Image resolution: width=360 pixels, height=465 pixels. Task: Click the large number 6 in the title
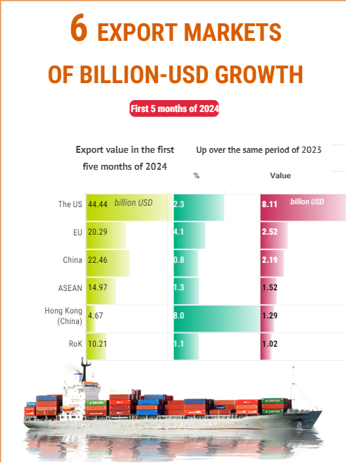point(79,30)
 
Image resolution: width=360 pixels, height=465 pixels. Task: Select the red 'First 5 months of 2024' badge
point(175,108)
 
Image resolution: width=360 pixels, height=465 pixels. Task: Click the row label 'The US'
point(70,204)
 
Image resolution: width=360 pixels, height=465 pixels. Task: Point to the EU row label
point(77,232)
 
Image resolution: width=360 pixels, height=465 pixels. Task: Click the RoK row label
point(76,344)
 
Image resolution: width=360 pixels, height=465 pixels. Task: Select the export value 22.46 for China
point(97,260)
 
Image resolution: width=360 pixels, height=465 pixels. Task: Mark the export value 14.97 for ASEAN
point(97,287)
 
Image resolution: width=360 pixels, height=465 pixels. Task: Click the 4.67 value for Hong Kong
point(95,316)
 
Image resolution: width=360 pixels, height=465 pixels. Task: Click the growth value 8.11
point(269,204)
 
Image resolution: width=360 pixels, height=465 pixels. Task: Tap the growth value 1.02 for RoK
point(269,344)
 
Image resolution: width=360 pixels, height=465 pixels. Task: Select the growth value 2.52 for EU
point(269,232)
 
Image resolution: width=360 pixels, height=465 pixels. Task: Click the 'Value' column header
point(280,175)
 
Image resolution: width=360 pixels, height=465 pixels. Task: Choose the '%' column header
point(197,175)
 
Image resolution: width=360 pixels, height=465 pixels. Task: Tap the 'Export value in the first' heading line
point(125,150)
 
